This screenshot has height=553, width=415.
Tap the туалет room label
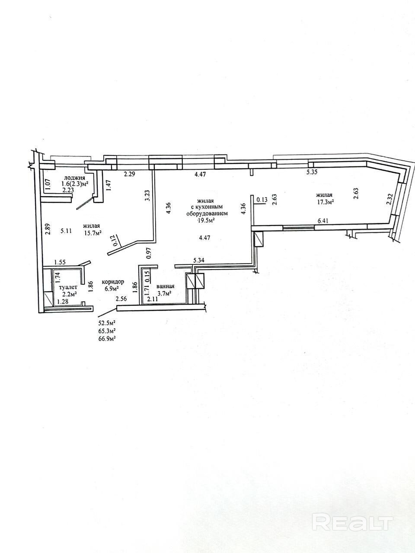[68, 286]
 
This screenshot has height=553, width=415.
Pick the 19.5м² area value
[206, 219]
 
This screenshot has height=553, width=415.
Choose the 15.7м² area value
[92, 233]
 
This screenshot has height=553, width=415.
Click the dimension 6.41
[323, 221]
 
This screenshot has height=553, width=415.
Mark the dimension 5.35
[312, 172]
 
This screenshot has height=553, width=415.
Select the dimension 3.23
[147, 196]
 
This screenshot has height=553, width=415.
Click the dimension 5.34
[199, 260]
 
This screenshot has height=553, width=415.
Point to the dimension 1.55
[60, 262]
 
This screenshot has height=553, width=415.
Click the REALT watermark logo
[353, 522]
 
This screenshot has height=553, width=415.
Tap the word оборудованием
[207, 213]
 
